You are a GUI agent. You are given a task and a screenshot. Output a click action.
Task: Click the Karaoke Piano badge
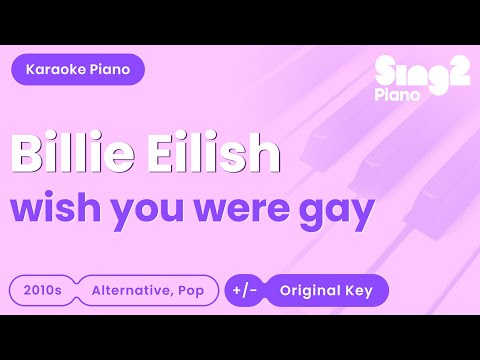pos(78,69)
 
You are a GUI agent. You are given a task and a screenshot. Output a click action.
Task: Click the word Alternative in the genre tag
pos(130,290)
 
